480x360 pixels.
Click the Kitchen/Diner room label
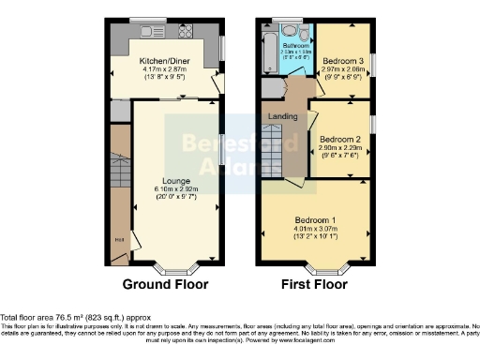[165, 58]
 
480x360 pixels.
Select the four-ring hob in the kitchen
[184, 30]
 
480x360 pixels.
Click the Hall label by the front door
[119, 241]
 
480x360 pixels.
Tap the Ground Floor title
[165, 284]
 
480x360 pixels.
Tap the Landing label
[283, 117]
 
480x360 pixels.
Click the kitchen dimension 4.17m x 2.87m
[165, 67]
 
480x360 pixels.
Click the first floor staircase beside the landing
[271, 150]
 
